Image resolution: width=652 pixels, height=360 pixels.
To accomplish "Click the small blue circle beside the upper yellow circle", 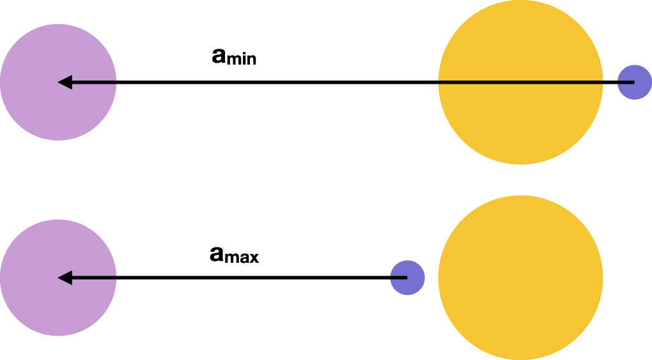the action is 635,82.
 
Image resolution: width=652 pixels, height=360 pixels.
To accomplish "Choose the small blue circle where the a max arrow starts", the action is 408,278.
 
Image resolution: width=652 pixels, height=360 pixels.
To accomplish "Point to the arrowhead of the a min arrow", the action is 65,82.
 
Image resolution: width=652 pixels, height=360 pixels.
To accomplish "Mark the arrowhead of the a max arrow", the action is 65,278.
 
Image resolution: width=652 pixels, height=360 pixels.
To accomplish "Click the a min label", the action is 234,57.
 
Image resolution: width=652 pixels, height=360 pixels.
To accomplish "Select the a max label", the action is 234,255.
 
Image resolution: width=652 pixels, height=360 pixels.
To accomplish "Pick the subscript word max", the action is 244,258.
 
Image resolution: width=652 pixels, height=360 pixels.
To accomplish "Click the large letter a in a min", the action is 219,56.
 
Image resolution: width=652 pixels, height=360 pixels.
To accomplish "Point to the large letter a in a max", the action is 217,254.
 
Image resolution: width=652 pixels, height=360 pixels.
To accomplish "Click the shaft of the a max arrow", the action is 256,278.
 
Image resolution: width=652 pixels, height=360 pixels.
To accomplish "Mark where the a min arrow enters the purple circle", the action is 116,82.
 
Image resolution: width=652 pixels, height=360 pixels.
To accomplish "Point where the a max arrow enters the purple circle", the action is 116,278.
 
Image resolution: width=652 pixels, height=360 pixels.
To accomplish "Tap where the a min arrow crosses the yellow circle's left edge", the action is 439,82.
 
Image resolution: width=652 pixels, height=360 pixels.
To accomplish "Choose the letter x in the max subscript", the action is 254,259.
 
